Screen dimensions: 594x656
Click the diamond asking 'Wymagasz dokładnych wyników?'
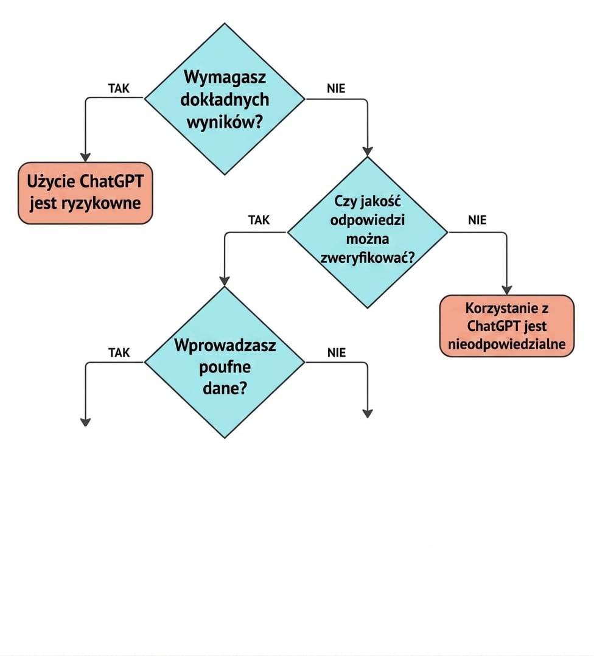coord(225,99)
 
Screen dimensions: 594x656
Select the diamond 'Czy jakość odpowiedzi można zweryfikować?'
coord(367,232)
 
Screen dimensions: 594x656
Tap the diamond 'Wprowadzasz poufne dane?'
coord(225,362)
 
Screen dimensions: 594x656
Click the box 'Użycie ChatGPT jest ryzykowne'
coord(85,193)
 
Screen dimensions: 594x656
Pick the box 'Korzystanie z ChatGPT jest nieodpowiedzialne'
coord(507,326)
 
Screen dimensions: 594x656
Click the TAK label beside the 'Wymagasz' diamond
coord(119,88)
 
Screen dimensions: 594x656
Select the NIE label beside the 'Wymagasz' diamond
coord(336,88)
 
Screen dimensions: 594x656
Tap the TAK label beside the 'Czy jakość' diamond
coord(259,220)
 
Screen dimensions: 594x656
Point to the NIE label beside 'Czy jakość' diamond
coord(477,220)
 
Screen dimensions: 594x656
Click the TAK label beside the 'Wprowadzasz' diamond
coord(119,353)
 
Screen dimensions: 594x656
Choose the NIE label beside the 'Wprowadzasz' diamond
coord(337,353)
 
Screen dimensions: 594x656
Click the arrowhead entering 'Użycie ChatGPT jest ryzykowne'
coord(85,157)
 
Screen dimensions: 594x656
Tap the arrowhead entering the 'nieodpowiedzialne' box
coord(507,290)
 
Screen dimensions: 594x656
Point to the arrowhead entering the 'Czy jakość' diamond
coord(367,152)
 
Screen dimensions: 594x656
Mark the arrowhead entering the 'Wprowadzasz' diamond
coord(225,282)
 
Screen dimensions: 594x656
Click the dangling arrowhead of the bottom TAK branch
coord(85,422)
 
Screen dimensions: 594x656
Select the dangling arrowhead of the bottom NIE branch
coord(367,413)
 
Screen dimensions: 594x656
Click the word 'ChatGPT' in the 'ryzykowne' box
coord(111,181)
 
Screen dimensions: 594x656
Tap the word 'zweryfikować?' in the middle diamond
coord(367,257)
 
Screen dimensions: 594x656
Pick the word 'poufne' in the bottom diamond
coord(225,368)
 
